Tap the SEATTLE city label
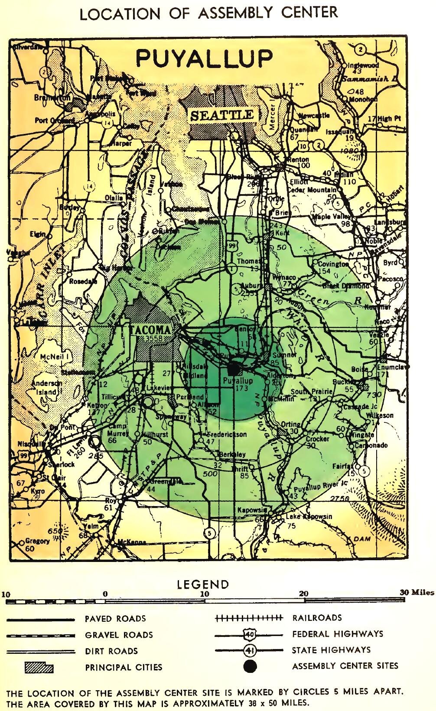(221, 115)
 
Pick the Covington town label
(333, 263)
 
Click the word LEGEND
(203, 585)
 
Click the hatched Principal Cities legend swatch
(39, 667)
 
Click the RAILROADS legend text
(317, 618)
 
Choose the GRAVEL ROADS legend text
(119, 635)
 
